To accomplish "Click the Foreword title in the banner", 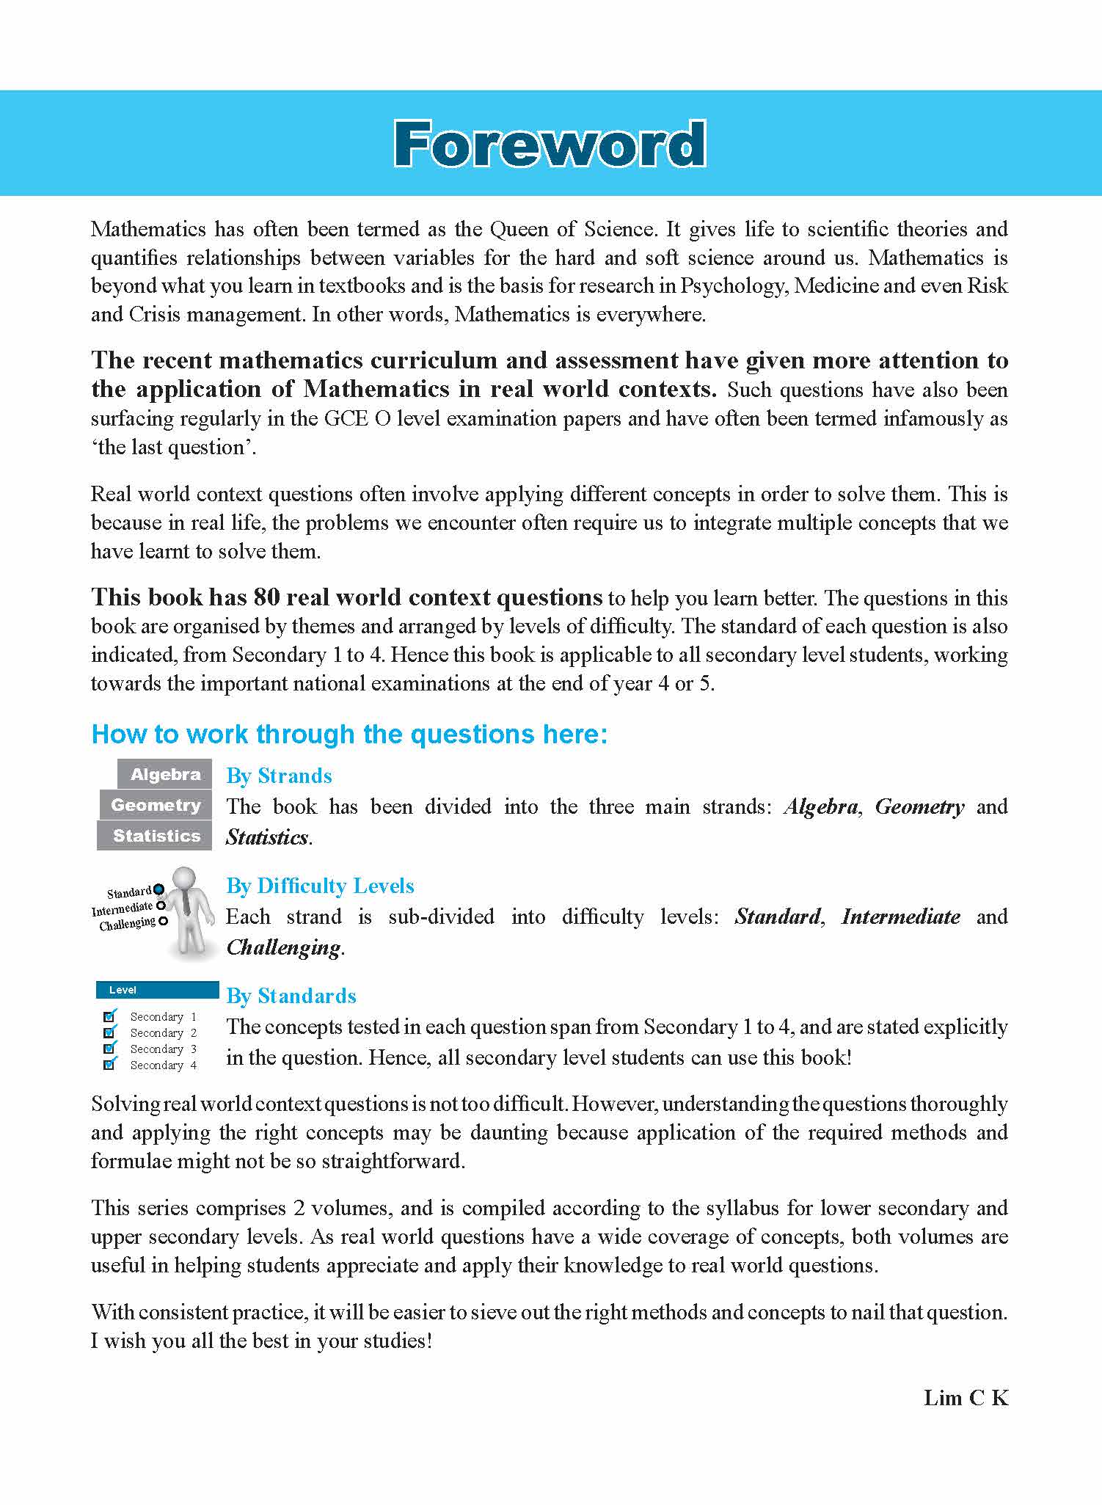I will pos(550,145).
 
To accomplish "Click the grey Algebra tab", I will pos(165,774).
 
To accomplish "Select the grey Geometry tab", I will pos(156,805).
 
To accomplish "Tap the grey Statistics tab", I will pos(156,836).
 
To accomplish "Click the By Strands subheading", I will pos(279,776).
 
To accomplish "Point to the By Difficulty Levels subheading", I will pos(320,886).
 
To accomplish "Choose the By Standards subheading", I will pos(291,996).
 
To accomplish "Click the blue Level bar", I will pos(157,990).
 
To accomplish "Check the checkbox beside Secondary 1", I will pos(109,1016).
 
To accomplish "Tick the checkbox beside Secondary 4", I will pos(109,1065).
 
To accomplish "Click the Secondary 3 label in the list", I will pos(163,1049).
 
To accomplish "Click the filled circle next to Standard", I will pos(158,889).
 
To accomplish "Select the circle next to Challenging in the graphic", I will pos(163,921).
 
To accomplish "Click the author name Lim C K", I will pos(966,1398).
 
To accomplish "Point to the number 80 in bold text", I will pos(266,597).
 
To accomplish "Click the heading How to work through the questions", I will pos(349,734).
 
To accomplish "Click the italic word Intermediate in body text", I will pos(900,917).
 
